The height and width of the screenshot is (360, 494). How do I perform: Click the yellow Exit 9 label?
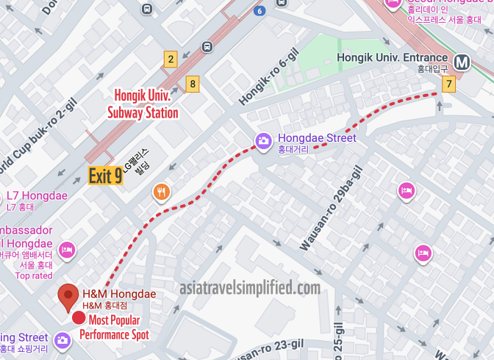[105, 176]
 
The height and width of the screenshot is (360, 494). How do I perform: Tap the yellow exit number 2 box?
[171, 60]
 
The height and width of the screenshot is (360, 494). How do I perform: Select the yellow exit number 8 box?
[193, 84]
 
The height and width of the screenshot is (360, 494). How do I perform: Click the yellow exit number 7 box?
[448, 84]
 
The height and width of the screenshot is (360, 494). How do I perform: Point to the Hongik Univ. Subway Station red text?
[145, 104]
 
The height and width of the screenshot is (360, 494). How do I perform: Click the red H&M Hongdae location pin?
[69, 297]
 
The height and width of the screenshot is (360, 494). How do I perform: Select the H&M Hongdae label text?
[118, 294]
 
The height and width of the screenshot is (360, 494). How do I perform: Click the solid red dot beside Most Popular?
[78, 319]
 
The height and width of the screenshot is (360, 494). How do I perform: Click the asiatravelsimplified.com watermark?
[250, 288]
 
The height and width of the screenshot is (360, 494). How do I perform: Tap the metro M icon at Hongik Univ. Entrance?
[462, 62]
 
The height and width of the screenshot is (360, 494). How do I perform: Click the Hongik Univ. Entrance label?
[392, 57]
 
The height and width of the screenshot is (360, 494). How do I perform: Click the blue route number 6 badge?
[259, 10]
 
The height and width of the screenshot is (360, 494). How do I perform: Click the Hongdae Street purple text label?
[316, 138]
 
